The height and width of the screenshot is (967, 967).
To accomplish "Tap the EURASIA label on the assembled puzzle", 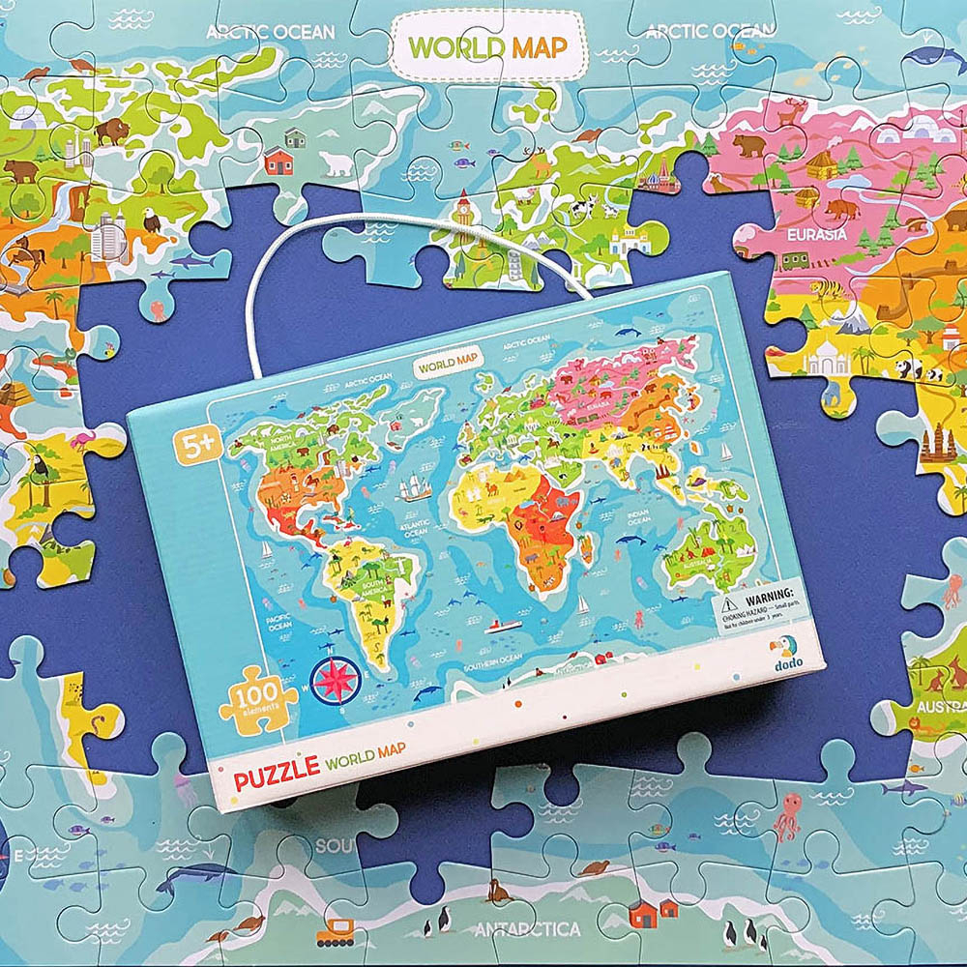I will [814, 233].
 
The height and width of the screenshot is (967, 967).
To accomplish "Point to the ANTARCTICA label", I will [527, 930].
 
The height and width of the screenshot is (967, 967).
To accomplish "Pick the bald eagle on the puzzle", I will [152, 222].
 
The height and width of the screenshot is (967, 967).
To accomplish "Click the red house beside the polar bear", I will [278, 160].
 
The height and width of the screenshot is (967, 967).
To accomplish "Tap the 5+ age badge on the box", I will [191, 448].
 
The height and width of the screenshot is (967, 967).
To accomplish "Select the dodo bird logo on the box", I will [779, 648].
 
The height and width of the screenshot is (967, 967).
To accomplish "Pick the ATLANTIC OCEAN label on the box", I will [416, 526].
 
